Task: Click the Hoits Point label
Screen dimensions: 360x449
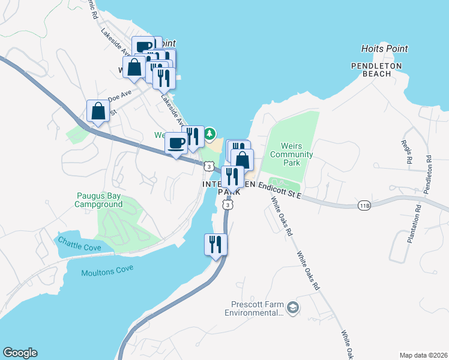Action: coord(384,49)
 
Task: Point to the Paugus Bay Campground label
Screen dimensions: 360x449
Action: coord(98,200)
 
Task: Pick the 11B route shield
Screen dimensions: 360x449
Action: coord(364,205)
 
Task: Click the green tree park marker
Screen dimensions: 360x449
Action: coord(209,133)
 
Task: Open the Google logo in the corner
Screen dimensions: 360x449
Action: coord(20,353)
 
